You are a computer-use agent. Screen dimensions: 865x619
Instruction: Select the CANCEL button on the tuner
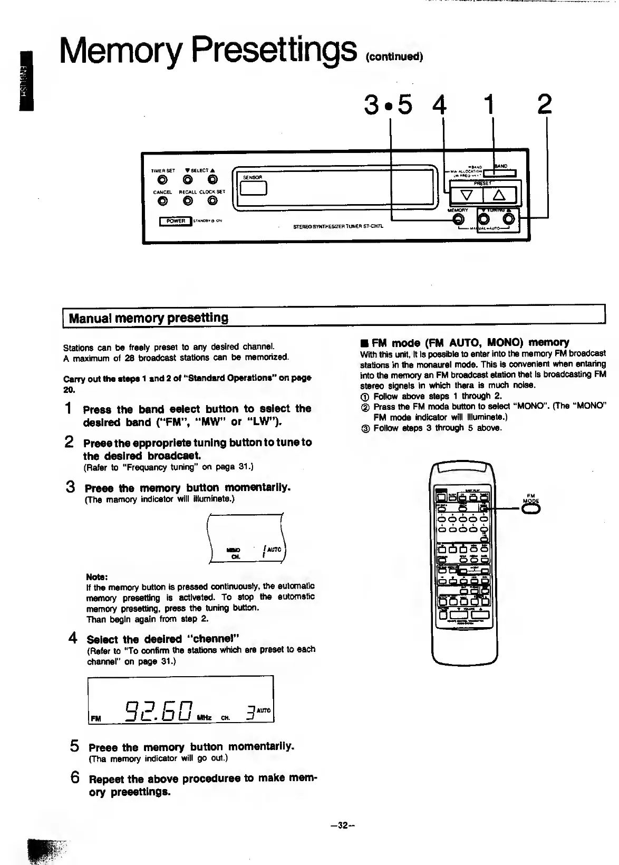pos(163,200)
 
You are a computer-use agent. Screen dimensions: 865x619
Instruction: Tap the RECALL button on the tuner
pos(188,200)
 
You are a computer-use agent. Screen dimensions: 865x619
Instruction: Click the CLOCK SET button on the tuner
pos(212,200)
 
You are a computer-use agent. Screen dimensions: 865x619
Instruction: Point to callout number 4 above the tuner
pos(439,104)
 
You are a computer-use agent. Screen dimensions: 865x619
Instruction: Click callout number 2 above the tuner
pos(545,104)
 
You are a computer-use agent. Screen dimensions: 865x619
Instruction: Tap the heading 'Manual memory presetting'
pos(149,318)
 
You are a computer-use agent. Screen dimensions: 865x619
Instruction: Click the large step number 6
pos(74,777)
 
